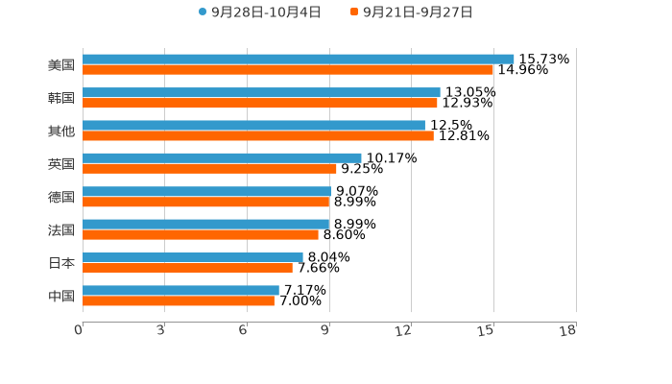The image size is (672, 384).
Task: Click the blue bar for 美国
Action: click(x=298, y=60)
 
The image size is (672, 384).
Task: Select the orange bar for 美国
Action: click(x=288, y=70)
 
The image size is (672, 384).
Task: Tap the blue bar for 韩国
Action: click(x=261, y=93)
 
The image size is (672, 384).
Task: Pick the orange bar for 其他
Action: click(x=258, y=136)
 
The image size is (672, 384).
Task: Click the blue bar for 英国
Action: click(x=222, y=158)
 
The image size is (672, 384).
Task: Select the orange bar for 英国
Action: click(x=209, y=169)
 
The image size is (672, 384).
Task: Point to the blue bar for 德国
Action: click(x=206, y=192)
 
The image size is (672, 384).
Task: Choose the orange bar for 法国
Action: click(x=201, y=235)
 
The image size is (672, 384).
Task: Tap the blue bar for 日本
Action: click(x=193, y=257)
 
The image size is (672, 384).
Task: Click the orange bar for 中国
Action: click(x=179, y=301)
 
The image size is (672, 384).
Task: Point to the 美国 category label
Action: click(x=61, y=65)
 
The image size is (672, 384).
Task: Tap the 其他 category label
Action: click(x=61, y=131)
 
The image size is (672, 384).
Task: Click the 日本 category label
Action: click(x=61, y=263)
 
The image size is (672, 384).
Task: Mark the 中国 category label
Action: click(x=61, y=296)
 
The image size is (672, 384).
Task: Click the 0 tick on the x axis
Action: click(x=79, y=331)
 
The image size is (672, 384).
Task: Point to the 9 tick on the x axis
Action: click(x=326, y=331)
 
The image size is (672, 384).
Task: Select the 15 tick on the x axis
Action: click(x=488, y=331)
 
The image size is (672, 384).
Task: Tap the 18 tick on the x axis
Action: click(x=568, y=331)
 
